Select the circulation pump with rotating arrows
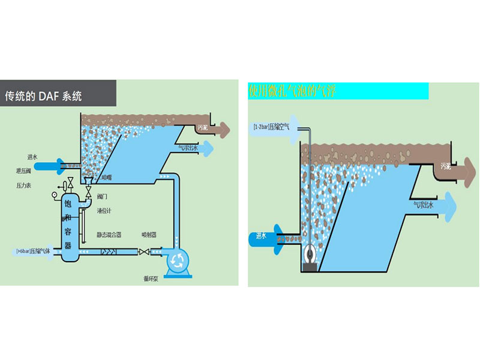tap(178, 258)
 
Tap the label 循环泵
tap(150, 279)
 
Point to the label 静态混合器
tap(109, 235)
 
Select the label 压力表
tap(25, 187)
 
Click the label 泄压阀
tap(24, 172)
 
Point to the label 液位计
tap(104, 211)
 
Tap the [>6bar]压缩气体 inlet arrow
tap(36, 252)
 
